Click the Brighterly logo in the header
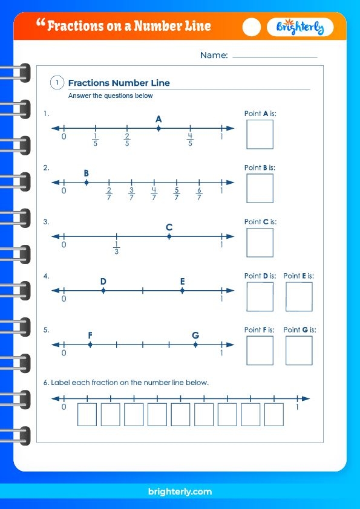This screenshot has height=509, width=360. tap(300, 27)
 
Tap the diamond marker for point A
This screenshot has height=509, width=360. tap(159, 128)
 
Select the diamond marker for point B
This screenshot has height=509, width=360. tap(87, 182)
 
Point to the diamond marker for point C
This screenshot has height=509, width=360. tap(169, 236)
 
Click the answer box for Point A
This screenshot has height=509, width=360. tap(260, 134)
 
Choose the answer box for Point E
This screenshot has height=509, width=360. tap(299, 297)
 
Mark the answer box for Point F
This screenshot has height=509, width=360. tap(260, 351)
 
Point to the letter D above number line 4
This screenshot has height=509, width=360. tap(103, 282)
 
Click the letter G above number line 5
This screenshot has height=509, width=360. tap(195, 336)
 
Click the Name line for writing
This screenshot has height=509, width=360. tap(275, 56)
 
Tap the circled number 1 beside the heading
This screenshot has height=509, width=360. tap(57, 83)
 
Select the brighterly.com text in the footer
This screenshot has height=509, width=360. tap(180, 492)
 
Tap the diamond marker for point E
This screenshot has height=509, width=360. tap(182, 291)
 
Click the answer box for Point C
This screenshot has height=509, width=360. tap(260, 242)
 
